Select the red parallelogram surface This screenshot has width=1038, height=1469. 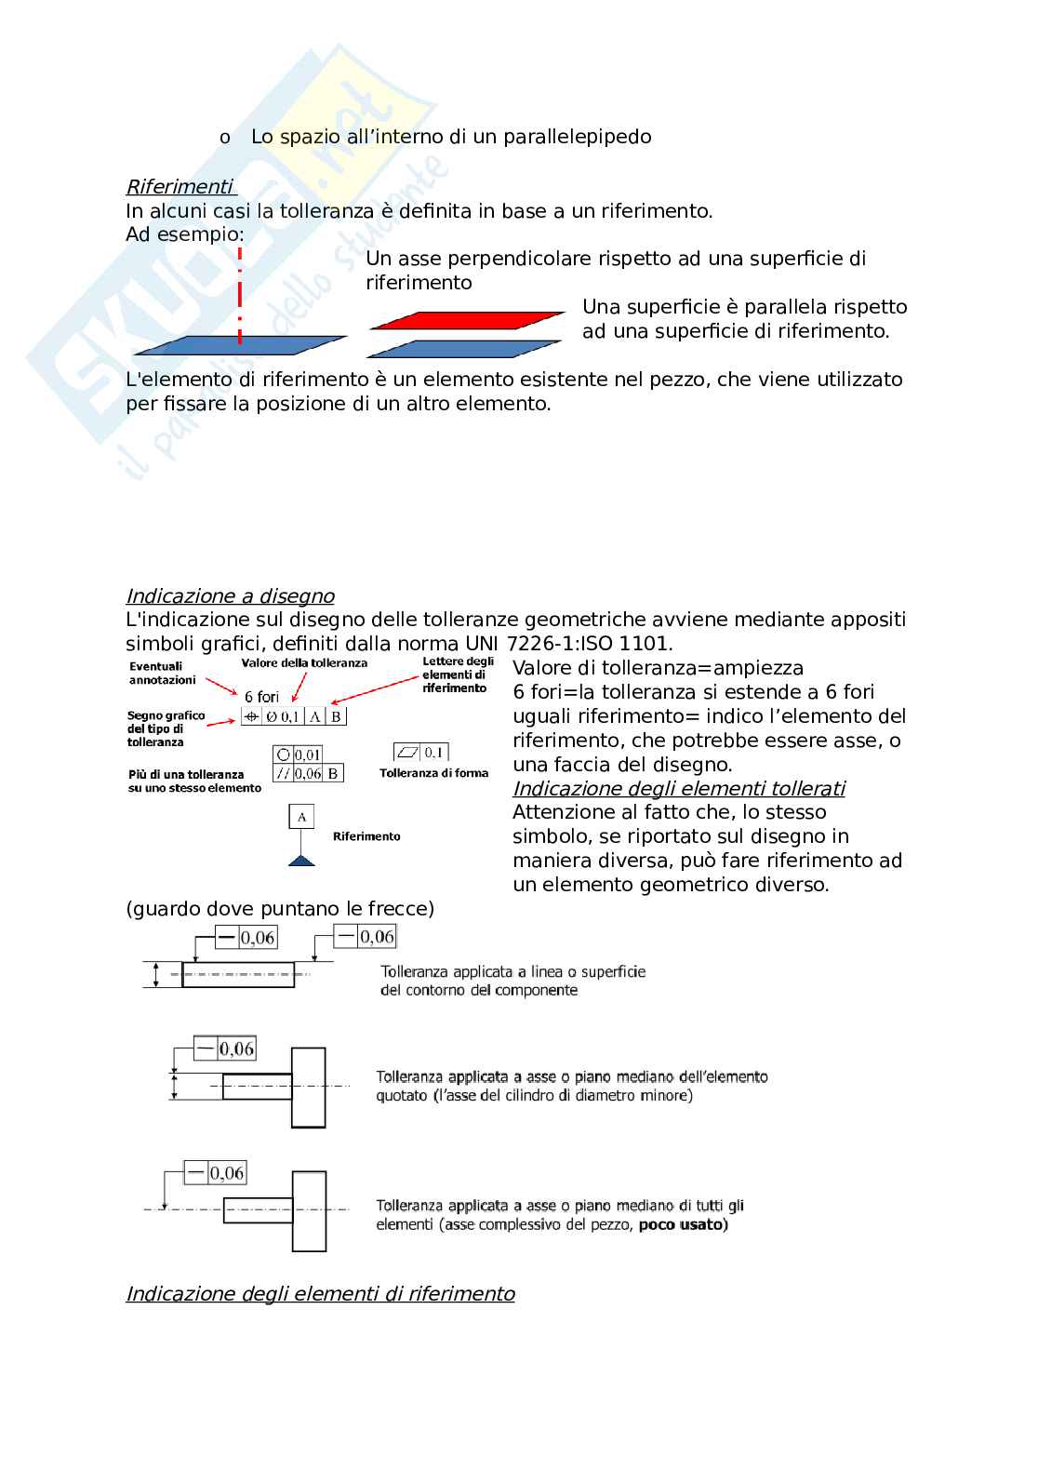click(x=466, y=320)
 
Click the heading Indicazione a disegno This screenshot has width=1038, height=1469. click(x=230, y=595)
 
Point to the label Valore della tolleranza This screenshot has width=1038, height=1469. click(x=304, y=663)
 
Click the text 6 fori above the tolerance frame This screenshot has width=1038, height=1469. click(x=261, y=696)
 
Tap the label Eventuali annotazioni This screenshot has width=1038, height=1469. click(x=162, y=673)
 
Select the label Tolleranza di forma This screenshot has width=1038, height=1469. click(x=433, y=773)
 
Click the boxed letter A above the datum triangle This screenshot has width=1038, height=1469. click(x=301, y=817)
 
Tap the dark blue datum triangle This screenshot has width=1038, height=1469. click(x=301, y=860)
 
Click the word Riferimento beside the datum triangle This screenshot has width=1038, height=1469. click(x=366, y=836)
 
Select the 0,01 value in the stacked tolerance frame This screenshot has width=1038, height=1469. click(x=308, y=755)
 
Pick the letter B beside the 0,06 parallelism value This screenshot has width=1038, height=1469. click(x=333, y=773)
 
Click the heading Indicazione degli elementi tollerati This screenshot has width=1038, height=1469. click(x=678, y=788)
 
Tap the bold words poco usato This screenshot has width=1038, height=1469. click(x=683, y=1224)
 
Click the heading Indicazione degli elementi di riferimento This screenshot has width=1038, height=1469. click(x=320, y=1293)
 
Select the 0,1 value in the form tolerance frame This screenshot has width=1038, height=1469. click(x=433, y=752)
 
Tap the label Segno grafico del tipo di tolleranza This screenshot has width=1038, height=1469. click(x=166, y=728)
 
